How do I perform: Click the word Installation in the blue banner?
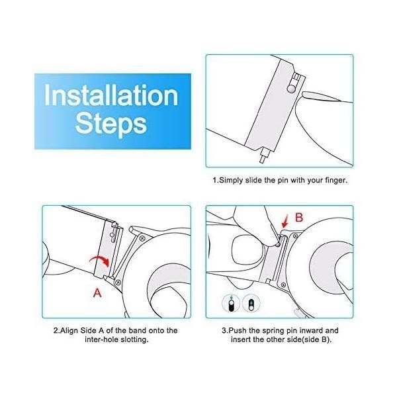pos(111,95)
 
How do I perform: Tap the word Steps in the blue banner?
pos(111,124)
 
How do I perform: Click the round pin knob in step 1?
pos(291,88)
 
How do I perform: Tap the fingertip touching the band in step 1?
pos(313,96)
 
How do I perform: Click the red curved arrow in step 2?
pos(99,260)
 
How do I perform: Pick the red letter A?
pos(97,293)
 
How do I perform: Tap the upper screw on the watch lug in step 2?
pos(142,238)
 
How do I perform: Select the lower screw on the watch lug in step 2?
pos(118,282)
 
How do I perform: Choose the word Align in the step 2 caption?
pos(69,330)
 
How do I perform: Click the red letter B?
pos(299,218)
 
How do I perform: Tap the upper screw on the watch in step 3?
pos(295,236)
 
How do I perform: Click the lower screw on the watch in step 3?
pos(284,285)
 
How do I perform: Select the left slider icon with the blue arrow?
pos(231,303)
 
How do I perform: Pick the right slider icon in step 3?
pos(251,303)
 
